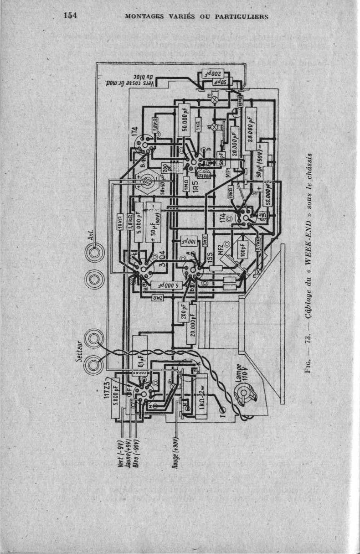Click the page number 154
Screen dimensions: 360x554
pos(70,15)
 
